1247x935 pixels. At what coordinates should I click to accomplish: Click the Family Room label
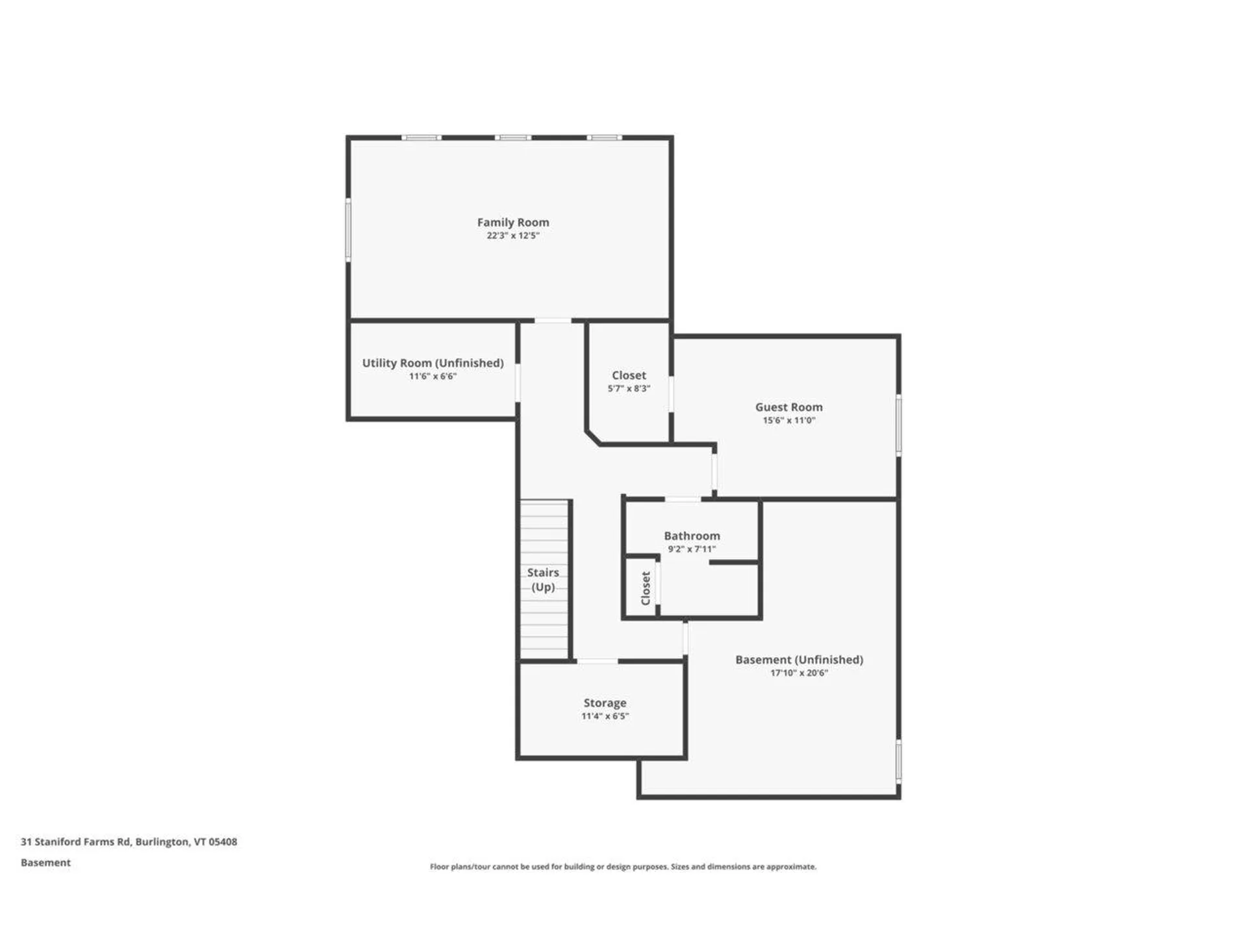(x=512, y=222)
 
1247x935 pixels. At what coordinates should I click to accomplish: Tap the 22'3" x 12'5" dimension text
(x=512, y=236)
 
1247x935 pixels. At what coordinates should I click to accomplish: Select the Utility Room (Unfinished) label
(x=433, y=363)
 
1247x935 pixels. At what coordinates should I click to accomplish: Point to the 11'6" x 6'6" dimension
(x=433, y=377)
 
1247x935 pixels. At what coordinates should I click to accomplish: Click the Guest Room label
(x=788, y=407)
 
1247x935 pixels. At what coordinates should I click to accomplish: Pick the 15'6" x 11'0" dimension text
(x=788, y=421)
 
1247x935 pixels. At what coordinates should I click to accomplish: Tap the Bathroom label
(x=692, y=536)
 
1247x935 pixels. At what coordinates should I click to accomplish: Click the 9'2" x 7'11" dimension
(x=692, y=549)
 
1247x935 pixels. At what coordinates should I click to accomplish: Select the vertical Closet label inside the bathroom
(x=646, y=588)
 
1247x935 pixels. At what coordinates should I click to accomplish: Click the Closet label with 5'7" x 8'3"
(x=629, y=375)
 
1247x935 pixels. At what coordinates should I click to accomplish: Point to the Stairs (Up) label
(x=543, y=579)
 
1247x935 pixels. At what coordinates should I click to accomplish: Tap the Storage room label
(x=605, y=703)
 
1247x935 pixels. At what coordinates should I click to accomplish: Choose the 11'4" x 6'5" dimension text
(x=605, y=716)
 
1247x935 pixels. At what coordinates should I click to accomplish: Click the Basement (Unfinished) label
(x=799, y=660)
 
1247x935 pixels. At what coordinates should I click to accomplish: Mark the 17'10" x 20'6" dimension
(x=799, y=673)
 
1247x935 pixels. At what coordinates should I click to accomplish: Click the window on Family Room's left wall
(x=348, y=231)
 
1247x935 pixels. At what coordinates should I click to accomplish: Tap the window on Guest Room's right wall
(x=899, y=425)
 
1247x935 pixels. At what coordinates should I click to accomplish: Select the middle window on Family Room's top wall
(x=512, y=138)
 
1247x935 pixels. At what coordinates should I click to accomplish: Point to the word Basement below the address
(x=45, y=863)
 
